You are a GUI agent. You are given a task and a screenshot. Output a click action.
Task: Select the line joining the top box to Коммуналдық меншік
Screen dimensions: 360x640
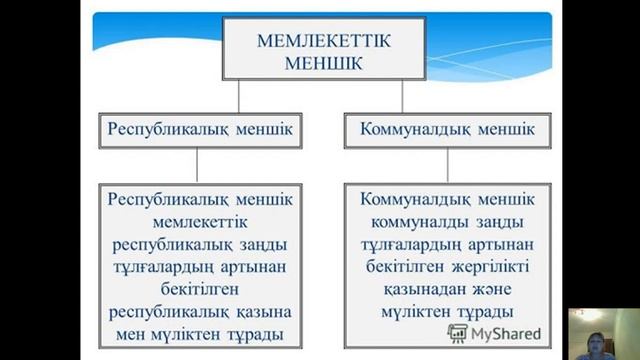[x=401, y=97]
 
